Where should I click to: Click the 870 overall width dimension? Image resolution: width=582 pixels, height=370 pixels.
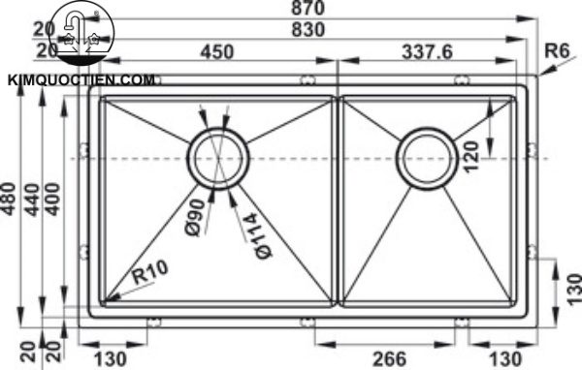click(307, 8)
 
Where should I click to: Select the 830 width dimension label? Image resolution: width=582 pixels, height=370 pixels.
click(307, 30)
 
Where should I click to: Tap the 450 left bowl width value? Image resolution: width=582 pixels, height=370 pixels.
click(217, 52)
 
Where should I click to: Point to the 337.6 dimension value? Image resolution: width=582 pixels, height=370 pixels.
click(427, 52)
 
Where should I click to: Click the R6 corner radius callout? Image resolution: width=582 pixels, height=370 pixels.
click(557, 50)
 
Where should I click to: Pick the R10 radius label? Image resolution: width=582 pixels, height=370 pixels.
click(150, 272)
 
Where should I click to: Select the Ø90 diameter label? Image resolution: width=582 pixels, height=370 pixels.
click(195, 217)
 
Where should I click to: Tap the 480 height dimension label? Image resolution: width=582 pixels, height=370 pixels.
click(9, 199)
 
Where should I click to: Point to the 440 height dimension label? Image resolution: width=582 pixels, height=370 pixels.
click(32, 200)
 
